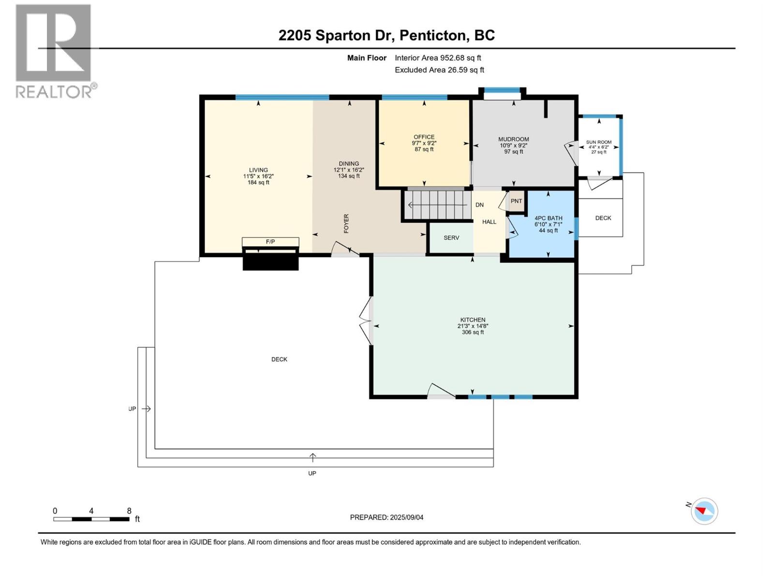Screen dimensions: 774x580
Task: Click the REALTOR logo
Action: pos(56,51)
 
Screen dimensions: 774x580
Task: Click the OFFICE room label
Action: pos(424,137)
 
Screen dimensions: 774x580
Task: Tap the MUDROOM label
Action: pos(513,140)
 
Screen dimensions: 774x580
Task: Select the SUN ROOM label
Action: pos(599,142)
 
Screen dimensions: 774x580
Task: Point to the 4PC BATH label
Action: pos(548,218)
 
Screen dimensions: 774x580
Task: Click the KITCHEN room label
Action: pos(473,320)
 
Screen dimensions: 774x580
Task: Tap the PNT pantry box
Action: pos(516,201)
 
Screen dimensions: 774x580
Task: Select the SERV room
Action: pos(451,238)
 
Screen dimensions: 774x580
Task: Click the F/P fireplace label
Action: pos(270,242)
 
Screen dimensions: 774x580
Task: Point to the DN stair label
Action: pos(479,205)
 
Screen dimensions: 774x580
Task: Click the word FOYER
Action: pos(346,223)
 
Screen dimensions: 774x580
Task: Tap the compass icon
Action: pos(704,511)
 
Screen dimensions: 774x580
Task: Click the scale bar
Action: pos(91,519)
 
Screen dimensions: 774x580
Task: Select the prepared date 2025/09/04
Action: pos(406,517)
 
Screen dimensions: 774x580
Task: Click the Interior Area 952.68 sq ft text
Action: pos(438,58)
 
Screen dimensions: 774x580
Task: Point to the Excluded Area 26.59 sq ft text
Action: pos(439,70)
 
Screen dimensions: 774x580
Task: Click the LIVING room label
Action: pos(258,170)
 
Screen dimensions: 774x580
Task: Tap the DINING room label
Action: pos(349,164)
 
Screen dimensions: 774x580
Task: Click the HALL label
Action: pos(489,222)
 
